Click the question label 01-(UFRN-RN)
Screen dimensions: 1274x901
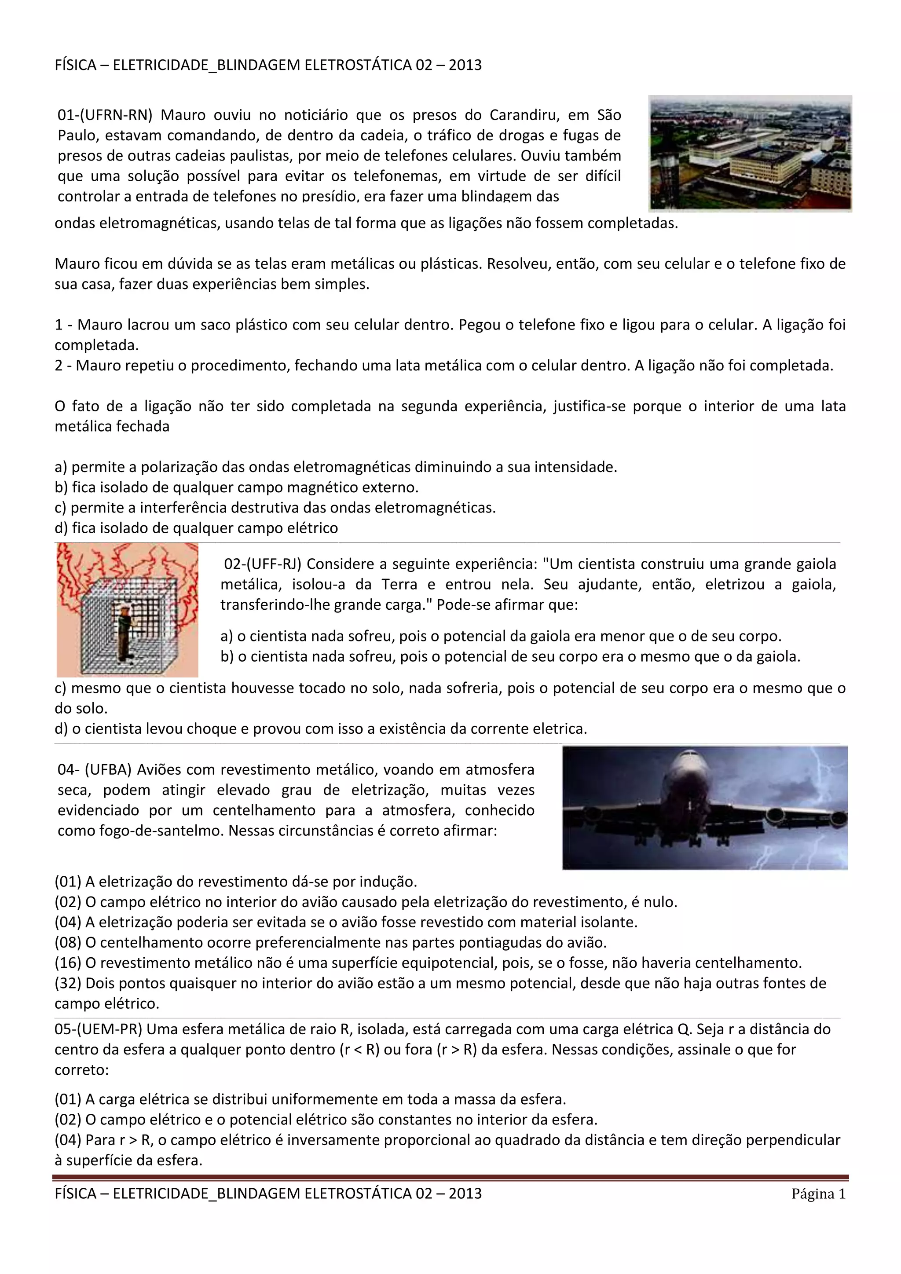(x=105, y=115)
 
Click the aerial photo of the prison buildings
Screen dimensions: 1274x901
(x=750, y=154)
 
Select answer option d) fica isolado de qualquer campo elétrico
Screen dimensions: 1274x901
(x=196, y=528)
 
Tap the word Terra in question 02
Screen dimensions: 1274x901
(x=399, y=584)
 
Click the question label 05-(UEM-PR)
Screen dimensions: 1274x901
(x=98, y=1029)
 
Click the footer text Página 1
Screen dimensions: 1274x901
(x=818, y=1194)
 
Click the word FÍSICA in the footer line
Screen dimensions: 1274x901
(x=76, y=1193)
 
